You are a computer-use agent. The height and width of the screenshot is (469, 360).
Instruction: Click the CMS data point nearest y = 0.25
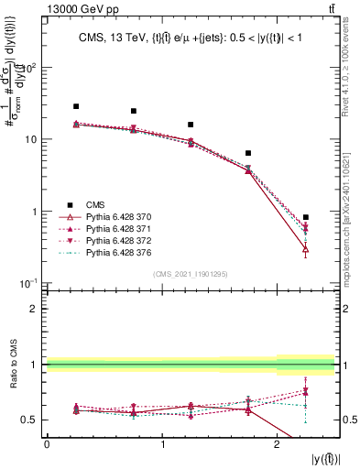click(76, 106)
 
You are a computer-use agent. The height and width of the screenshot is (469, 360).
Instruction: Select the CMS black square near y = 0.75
click(134, 111)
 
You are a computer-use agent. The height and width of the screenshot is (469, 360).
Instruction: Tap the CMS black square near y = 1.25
click(191, 125)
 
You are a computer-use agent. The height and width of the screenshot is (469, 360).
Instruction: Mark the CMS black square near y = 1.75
click(248, 153)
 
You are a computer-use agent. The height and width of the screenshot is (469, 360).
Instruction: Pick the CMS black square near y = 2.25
click(306, 217)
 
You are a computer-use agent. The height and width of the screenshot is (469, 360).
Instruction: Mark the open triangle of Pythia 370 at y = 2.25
click(306, 249)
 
